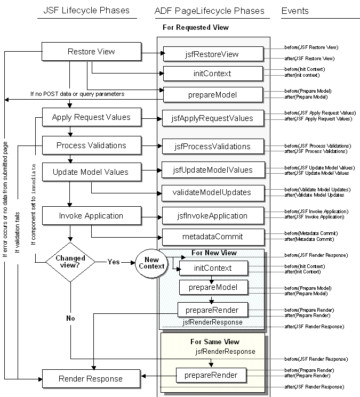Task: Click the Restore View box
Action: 91,52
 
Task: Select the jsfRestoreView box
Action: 213,54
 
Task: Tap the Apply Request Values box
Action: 91,117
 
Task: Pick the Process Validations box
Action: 91,145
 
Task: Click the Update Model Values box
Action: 91,172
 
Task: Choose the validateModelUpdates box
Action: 213,192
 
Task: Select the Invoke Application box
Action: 91,216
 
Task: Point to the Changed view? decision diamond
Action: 71,262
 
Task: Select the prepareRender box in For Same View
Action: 212,376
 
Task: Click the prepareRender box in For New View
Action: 212,309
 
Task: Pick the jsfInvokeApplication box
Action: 213,216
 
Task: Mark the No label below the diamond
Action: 71,318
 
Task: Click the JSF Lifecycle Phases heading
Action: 86,11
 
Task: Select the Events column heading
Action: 294,11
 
